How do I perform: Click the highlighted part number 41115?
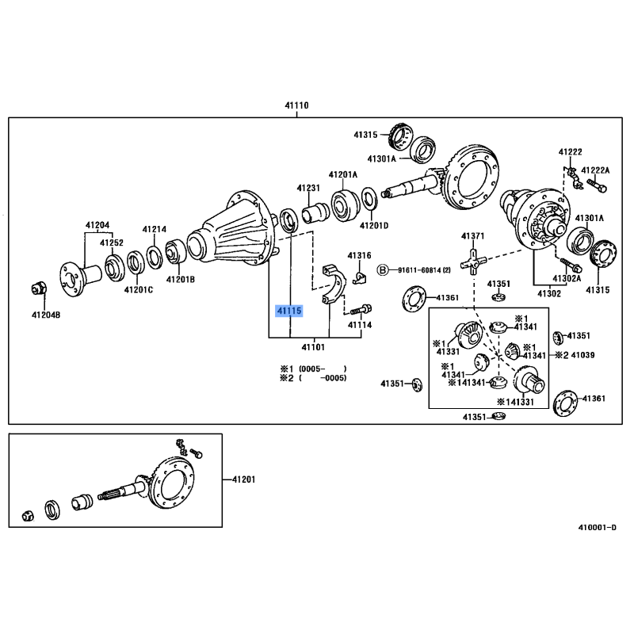(288, 311)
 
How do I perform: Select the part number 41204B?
(45, 315)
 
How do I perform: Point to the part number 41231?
(308, 188)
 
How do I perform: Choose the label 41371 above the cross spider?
(472, 236)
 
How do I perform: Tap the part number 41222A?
(596, 170)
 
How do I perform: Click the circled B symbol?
(382, 270)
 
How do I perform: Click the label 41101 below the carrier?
(313, 347)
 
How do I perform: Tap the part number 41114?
(359, 325)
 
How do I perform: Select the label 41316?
(359, 255)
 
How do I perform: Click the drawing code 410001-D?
(595, 526)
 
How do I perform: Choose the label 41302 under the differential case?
(549, 293)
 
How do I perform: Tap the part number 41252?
(112, 243)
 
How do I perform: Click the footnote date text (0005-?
(311, 369)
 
